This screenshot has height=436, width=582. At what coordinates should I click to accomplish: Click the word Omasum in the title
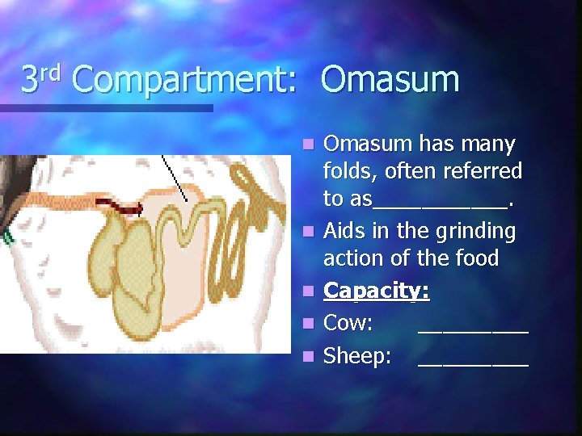[x=390, y=80]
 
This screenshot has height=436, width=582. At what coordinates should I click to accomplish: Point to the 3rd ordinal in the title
[x=40, y=78]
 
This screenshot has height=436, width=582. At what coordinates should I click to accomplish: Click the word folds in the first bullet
[x=349, y=172]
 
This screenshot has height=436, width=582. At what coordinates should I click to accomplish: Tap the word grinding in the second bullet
[x=473, y=232]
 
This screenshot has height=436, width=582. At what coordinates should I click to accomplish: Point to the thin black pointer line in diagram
[x=175, y=178]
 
